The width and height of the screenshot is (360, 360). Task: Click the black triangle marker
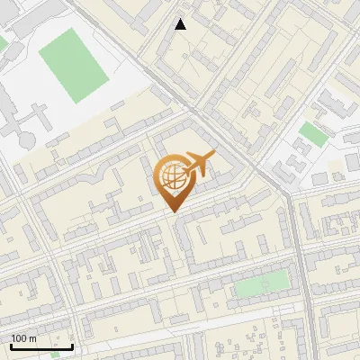(x=181, y=24)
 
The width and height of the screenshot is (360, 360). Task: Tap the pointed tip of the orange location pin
(x=172, y=211)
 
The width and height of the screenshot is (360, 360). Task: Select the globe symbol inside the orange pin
(x=171, y=177)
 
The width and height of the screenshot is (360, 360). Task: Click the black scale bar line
(x=41, y=346)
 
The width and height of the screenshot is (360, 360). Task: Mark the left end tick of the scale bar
(x=11, y=344)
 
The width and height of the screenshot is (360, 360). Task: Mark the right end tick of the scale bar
(x=72, y=344)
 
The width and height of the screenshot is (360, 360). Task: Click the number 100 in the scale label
(x=20, y=337)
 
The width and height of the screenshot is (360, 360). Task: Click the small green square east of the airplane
(x=312, y=134)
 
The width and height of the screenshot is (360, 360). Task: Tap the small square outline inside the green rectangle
(x=265, y=285)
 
